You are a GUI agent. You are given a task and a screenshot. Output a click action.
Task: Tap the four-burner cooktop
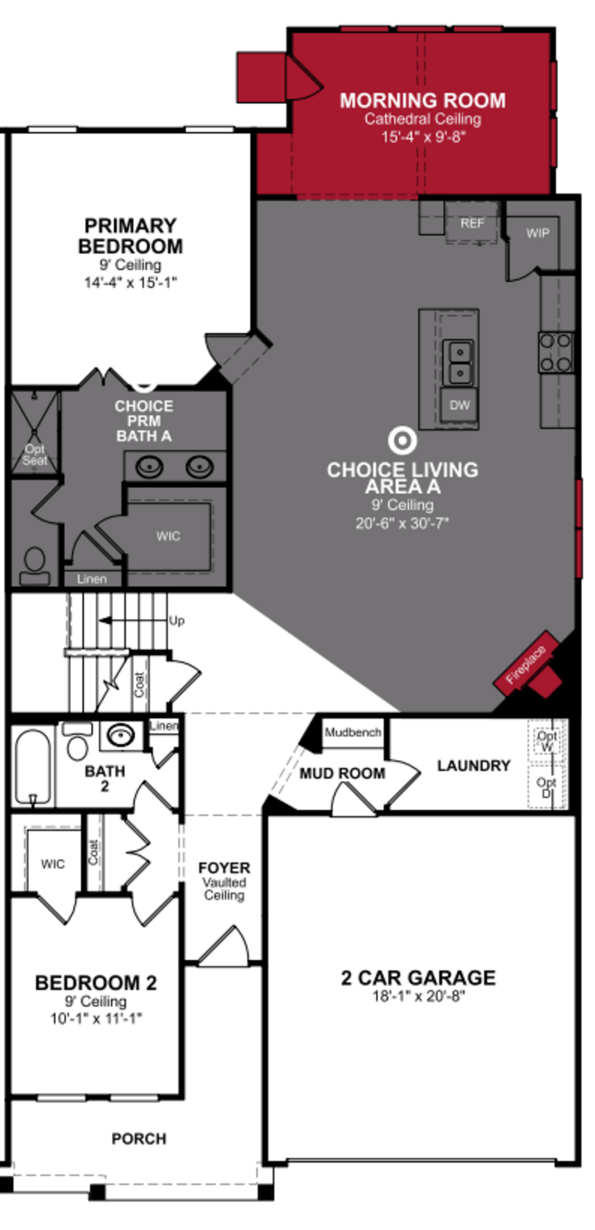556,352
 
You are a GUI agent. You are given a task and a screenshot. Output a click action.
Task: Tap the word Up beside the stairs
176,621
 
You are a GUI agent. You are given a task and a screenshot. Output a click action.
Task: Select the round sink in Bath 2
120,735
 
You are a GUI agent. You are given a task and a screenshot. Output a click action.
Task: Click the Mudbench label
353,732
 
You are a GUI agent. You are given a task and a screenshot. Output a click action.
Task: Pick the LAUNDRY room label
473,765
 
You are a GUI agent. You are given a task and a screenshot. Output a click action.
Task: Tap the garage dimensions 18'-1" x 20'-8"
419,996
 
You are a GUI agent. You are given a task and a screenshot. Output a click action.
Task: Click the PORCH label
139,1139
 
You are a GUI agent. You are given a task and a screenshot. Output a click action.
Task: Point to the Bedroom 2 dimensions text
96,1018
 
